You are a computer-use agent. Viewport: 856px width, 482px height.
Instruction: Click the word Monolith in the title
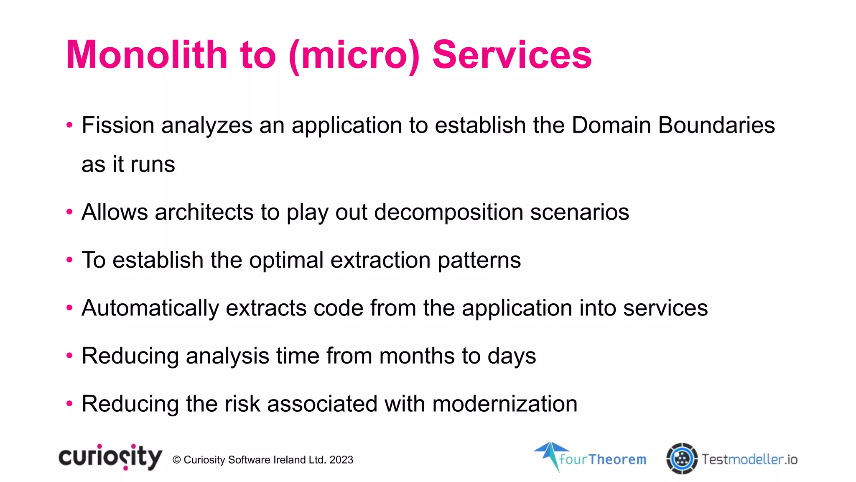(147, 55)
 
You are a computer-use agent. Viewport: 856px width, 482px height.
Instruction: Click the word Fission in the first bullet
(118, 125)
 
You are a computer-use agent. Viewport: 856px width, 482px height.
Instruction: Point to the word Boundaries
(716, 125)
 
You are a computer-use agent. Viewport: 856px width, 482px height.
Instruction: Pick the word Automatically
(150, 308)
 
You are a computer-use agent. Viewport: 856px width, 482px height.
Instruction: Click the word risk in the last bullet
(242, 404)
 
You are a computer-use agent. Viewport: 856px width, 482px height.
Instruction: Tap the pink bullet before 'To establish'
(69, 260)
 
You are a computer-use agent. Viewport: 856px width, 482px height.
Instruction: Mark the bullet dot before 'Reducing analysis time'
(69, 356)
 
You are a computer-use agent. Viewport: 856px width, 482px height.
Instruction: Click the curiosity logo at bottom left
(110, 457)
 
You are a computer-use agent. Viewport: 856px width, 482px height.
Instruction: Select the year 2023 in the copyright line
(341, 460)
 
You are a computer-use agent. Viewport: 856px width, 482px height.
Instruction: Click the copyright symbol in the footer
(176, 460)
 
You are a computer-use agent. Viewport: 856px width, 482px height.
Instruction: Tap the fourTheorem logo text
(602, 459)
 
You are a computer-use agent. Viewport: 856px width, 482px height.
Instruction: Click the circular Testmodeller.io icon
(682, 459)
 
